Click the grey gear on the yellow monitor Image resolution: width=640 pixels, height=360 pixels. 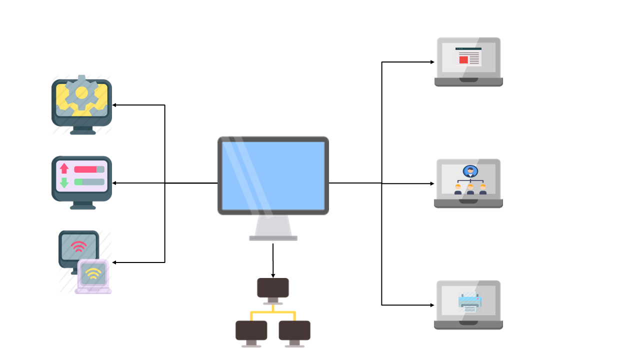pos(81,93)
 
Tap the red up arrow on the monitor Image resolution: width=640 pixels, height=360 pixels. pos(64,169)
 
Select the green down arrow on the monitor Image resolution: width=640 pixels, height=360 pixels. pos(64,182)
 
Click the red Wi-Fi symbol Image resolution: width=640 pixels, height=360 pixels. pos(78,246)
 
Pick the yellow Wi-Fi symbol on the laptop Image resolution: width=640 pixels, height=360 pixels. pos(92,273)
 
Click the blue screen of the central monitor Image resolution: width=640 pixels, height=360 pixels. pos(273,175)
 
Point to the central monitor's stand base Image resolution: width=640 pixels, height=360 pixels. pos(273,238)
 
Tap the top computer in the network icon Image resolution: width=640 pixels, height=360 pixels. pos(273,287)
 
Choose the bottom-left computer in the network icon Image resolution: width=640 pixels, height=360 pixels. pos(251,330)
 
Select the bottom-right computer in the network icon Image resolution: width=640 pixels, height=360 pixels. pos(294,330)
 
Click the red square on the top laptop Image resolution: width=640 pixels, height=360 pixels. pos(463,60)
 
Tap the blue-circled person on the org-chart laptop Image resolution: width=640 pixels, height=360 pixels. pos(470,171)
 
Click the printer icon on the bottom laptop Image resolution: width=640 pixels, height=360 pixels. pos(469,302)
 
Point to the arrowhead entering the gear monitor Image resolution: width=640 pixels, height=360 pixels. pos(114,105)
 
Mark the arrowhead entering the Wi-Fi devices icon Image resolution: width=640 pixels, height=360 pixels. pos(114,262)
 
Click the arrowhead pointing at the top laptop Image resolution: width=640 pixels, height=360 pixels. pos(432,62)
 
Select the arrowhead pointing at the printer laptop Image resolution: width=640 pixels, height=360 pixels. pos(432,305)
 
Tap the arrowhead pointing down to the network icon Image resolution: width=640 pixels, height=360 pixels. pos(273,275)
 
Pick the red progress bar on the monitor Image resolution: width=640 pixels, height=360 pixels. pos(85,169)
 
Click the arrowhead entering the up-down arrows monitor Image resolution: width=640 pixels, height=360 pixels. pos(114,183)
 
